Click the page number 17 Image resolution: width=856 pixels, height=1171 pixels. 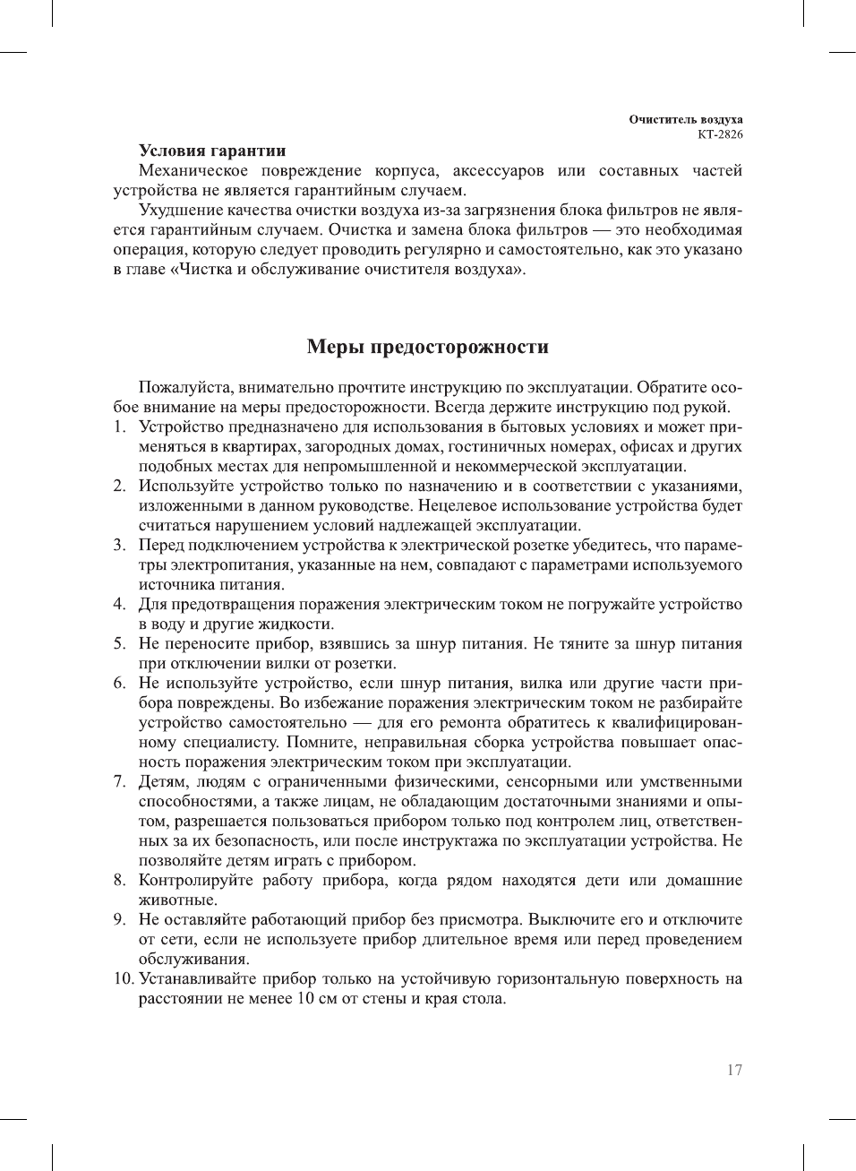734,1070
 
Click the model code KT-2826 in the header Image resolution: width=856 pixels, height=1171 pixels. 720,134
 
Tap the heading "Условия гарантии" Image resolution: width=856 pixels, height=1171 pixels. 212,151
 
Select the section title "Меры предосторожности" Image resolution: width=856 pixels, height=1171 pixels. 427,347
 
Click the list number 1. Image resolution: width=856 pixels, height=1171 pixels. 120,427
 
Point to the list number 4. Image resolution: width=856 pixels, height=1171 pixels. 120,605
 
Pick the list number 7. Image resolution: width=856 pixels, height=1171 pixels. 120,782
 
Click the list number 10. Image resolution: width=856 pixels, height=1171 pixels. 124,979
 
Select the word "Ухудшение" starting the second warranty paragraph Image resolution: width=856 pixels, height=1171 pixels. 178,211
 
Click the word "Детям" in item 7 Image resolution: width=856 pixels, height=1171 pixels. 162,782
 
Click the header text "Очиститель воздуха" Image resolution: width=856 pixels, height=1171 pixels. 685,119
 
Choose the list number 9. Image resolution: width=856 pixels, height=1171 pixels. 120,920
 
